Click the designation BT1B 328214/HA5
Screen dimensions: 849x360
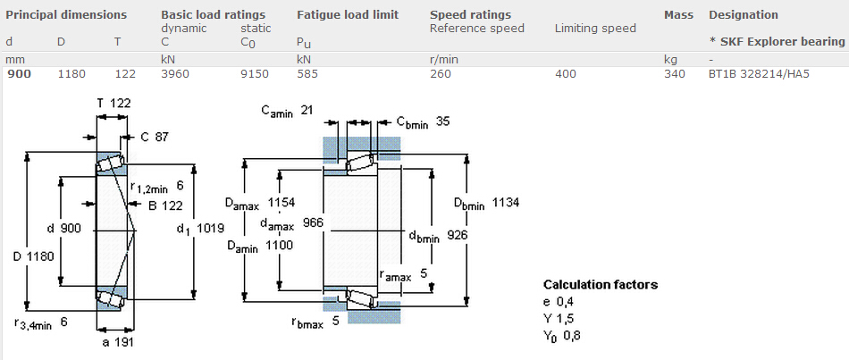click(759, 73)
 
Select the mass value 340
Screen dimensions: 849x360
click(674, 73)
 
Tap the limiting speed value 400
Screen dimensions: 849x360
click(566, 73)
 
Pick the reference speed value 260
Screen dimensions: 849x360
click(441, 73)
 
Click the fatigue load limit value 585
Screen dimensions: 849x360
click(307, 73)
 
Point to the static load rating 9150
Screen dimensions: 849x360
click(255, 73)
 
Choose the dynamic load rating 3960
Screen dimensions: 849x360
click(175, 73)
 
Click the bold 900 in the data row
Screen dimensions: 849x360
click(19, 73)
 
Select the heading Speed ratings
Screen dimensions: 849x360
click(470, 15)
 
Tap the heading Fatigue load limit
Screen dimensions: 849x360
click(348, 14)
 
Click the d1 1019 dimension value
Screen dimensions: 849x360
click(210, 229)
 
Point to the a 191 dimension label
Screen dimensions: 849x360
click(118, 341)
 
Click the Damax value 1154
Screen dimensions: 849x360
click(281, 203)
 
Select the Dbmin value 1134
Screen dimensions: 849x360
click(506, 203)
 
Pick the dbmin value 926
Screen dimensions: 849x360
click(458, 235)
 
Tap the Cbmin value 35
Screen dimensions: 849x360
click(442, 121)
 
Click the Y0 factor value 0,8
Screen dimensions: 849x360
click(572, 336)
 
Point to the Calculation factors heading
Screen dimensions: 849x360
click(601, 285)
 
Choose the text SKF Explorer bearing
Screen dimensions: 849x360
click(782, 42)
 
